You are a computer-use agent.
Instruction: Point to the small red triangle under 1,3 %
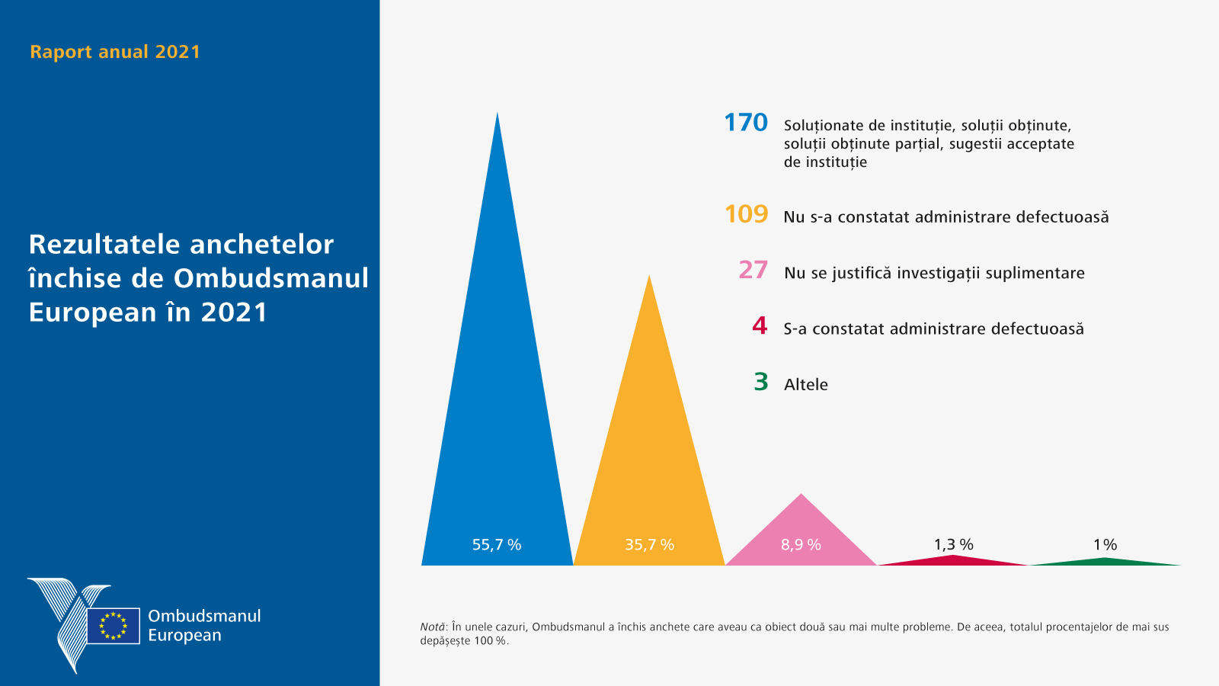tap(953, 560)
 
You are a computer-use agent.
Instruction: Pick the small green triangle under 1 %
tap(1105, 562)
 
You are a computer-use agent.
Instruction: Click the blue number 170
tap(745, 123)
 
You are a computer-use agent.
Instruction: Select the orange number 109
tap(746, 214)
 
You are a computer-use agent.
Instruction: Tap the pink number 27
tap(753, 270)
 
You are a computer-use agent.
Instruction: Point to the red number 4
tap(760, 326)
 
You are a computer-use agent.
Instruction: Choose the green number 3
tap(760, 382)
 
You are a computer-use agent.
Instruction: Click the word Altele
tap(805, 385)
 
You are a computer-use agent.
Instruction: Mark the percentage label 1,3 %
tap(953, 544)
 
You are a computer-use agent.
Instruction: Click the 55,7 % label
tap(497, 545)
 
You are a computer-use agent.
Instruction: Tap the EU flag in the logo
tap(113, 626)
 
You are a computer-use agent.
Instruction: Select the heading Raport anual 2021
tap(115, 52)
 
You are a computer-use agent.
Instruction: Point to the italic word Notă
tap(432, 627)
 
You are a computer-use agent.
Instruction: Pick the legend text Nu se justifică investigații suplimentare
tap(934, 273)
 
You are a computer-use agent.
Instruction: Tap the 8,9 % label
tap(801, 545)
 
